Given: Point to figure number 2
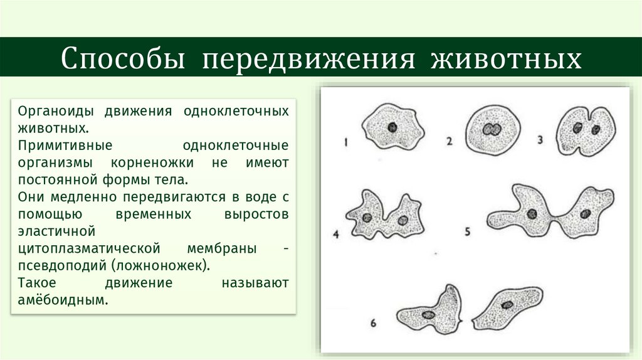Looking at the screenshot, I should click(449, 141).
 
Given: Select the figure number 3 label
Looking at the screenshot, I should click(540, 139).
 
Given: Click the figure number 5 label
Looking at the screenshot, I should click(467, 231).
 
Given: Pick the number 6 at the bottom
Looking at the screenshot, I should click(372, 324).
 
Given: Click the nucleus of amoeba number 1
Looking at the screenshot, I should click(392, 127).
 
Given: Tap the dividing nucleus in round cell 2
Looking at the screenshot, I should click(490, 130).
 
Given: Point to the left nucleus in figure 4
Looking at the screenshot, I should click(367, 218).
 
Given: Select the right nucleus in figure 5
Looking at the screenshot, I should click(585, 213).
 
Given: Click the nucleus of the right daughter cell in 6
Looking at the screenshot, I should click(507, 305).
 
